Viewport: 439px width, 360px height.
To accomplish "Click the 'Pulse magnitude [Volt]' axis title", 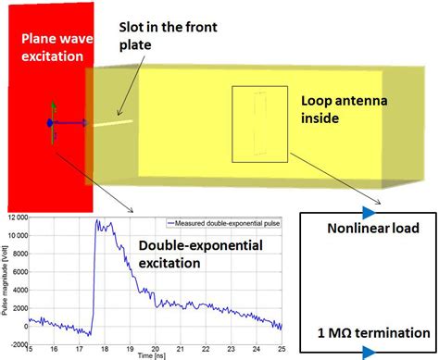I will pos(5,282).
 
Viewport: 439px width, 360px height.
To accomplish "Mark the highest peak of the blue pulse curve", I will pos(96,221).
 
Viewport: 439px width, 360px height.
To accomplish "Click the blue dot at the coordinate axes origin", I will pos(48,122).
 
